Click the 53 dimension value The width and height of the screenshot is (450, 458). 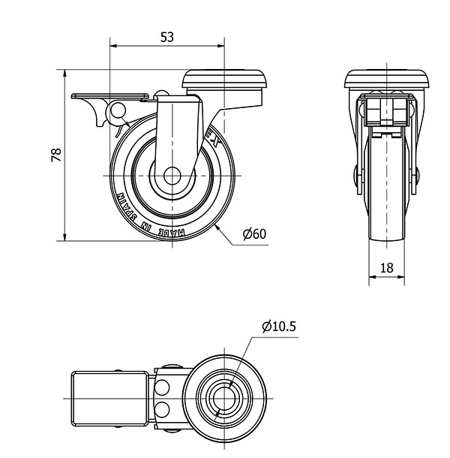click(167, 36)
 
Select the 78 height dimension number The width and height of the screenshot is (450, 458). click(55, 155)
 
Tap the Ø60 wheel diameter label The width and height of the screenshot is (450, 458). click(254, 234)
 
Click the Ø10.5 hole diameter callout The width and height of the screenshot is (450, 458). click(279, 327)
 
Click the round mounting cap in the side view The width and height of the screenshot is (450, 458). click(225, 79)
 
